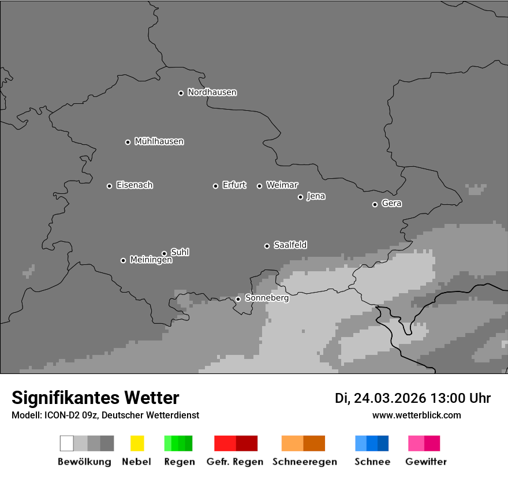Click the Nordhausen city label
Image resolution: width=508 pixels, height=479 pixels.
[212, 92]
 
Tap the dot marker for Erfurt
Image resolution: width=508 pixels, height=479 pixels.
[215, 186]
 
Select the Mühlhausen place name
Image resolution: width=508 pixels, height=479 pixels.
[159, 141]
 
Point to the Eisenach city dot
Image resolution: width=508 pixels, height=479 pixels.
[109, 186]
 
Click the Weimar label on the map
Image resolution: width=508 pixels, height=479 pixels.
[282, 185]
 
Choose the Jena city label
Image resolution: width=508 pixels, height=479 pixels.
[316, 196]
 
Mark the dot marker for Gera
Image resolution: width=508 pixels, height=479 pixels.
[375, 204]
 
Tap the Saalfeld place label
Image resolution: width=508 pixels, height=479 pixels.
[290, 245]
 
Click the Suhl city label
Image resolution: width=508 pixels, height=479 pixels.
[180, 252]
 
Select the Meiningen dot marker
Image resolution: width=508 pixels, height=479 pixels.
[123, 260]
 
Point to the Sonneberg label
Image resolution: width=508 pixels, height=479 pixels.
[267, 298]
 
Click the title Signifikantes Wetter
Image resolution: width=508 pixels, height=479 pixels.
[95, 398]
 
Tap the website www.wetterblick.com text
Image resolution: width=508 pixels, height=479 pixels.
[416, 415]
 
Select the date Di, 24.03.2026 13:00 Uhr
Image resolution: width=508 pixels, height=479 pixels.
[412, 398]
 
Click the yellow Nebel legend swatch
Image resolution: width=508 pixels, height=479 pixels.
[137, 443]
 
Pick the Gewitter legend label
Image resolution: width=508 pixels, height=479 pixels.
[425, 462]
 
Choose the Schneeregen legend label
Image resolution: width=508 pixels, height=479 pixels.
[304, 462]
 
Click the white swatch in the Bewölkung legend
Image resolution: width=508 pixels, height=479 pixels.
[66, 443]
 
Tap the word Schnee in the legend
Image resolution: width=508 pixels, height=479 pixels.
[372, 462]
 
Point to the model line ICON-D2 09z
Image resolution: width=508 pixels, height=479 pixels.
[105, 416]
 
